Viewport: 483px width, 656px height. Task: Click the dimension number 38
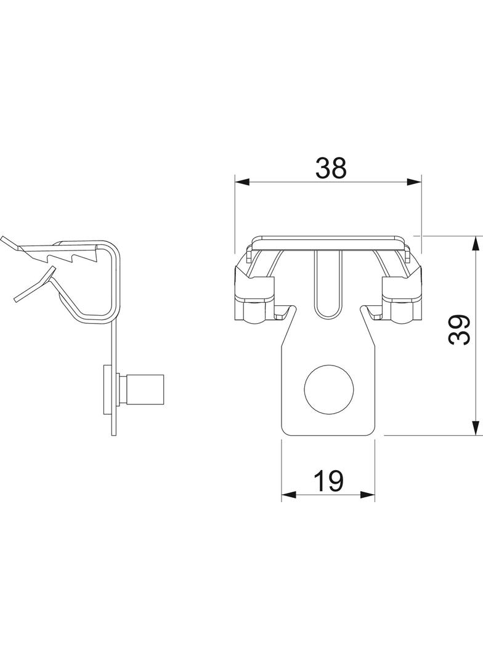tap(331, 168)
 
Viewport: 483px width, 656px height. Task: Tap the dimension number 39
tap(459, 330)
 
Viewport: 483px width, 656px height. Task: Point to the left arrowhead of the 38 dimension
tap(242, 182)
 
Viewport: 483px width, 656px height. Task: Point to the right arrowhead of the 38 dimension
tap(413, 182)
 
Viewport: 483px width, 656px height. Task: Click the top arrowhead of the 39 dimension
tap(476, 244)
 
